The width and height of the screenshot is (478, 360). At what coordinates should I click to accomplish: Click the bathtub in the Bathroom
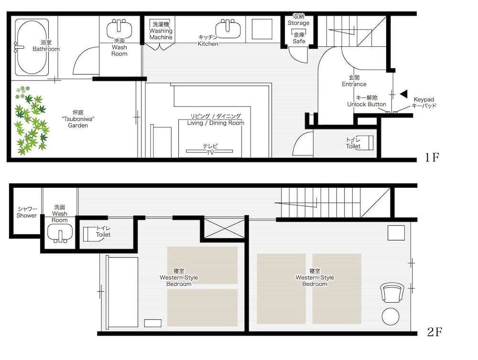[x=32, y=47]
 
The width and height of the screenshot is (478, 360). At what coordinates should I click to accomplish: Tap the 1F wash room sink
[x=119, y=29]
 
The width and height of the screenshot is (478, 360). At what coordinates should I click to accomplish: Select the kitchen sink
[x=228, y=29]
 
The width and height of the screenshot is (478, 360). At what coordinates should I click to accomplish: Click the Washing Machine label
[x=161, y=31]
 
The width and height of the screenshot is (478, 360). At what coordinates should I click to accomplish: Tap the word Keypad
[x=424, y=99]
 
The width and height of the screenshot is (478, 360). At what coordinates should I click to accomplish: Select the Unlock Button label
[x=367, y=104]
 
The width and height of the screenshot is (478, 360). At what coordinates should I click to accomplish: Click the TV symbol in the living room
[x=209, y=151]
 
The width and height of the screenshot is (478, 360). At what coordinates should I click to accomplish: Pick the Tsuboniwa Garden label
[x=78, y=119]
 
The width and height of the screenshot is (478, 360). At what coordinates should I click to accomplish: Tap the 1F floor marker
[x=432, y=157]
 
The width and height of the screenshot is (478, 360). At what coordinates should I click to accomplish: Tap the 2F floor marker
[x=435, y=332]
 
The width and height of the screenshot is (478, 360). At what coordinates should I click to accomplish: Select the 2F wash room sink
[x=60, y=233]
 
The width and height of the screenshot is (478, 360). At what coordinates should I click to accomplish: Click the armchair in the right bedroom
[x=392, y=292]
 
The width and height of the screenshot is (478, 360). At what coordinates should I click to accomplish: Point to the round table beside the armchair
[x=391, y=316]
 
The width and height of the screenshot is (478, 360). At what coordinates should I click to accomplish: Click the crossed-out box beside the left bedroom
[x=224, y=229]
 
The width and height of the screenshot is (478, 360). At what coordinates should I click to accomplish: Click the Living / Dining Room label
[x=216, y=123]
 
